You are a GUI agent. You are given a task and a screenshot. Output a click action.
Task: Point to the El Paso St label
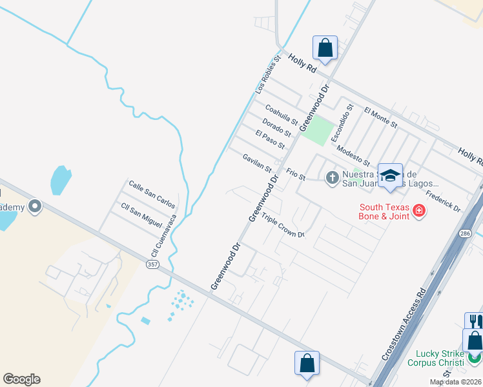pos(270,139)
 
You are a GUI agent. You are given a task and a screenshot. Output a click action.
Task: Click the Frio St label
pos(295,174)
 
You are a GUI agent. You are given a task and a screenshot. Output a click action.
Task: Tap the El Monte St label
pos(380,117)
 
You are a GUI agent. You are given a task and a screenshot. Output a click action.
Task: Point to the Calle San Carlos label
pos(152,193)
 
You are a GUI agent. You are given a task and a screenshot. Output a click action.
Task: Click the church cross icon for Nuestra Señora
pos(333,177)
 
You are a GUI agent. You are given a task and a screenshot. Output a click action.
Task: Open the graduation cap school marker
pos(390,175)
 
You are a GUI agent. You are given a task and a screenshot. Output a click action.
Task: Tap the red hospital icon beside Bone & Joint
pos(418,210)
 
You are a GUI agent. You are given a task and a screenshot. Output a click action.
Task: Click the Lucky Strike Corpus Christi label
pos(435,358)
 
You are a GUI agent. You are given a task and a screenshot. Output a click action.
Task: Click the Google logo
pos(21,379)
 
